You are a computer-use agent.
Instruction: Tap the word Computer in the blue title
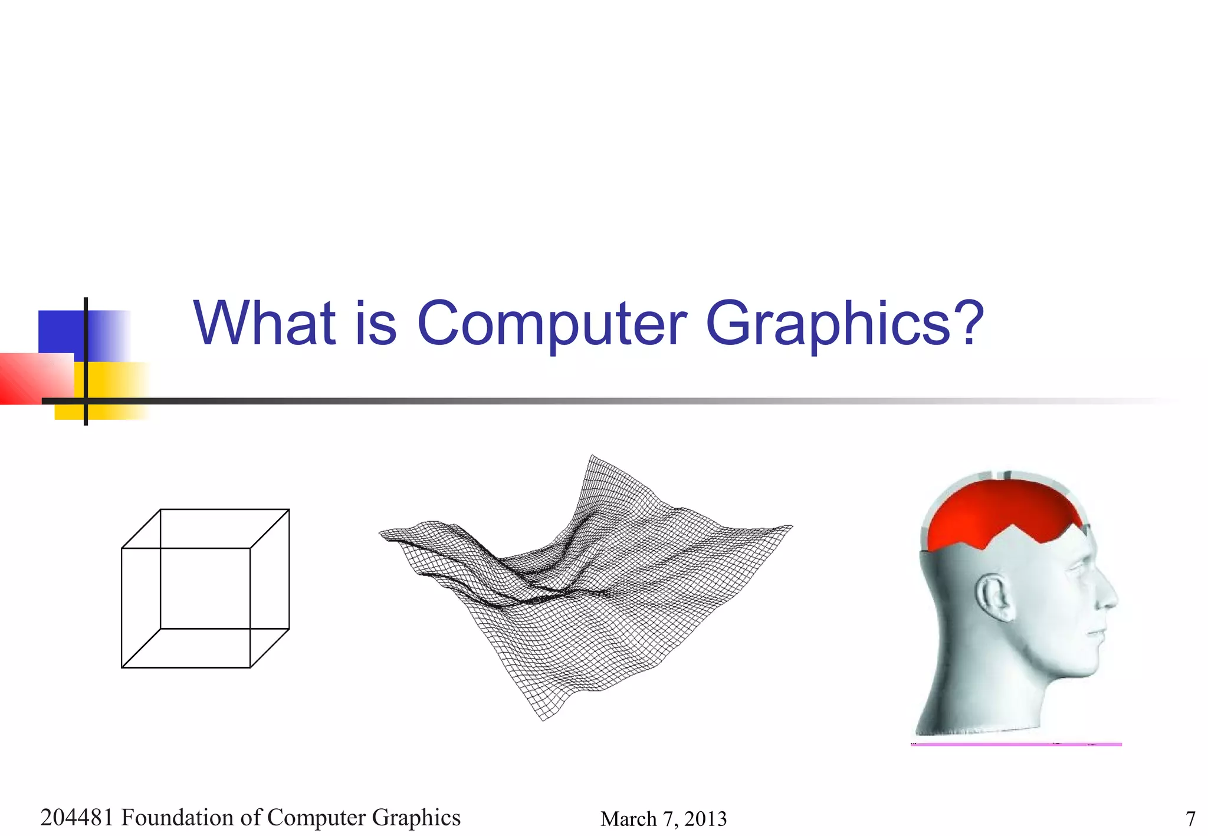(552, 324)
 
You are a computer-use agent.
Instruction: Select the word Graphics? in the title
(845, 324)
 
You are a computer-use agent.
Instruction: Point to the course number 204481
(77, 818)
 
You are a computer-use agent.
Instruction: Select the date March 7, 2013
(664, 819)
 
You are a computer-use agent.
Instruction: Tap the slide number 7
(1190, 819)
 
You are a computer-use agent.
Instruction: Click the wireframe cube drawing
(205, 588)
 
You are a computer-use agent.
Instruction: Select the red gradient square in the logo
(35, 377)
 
